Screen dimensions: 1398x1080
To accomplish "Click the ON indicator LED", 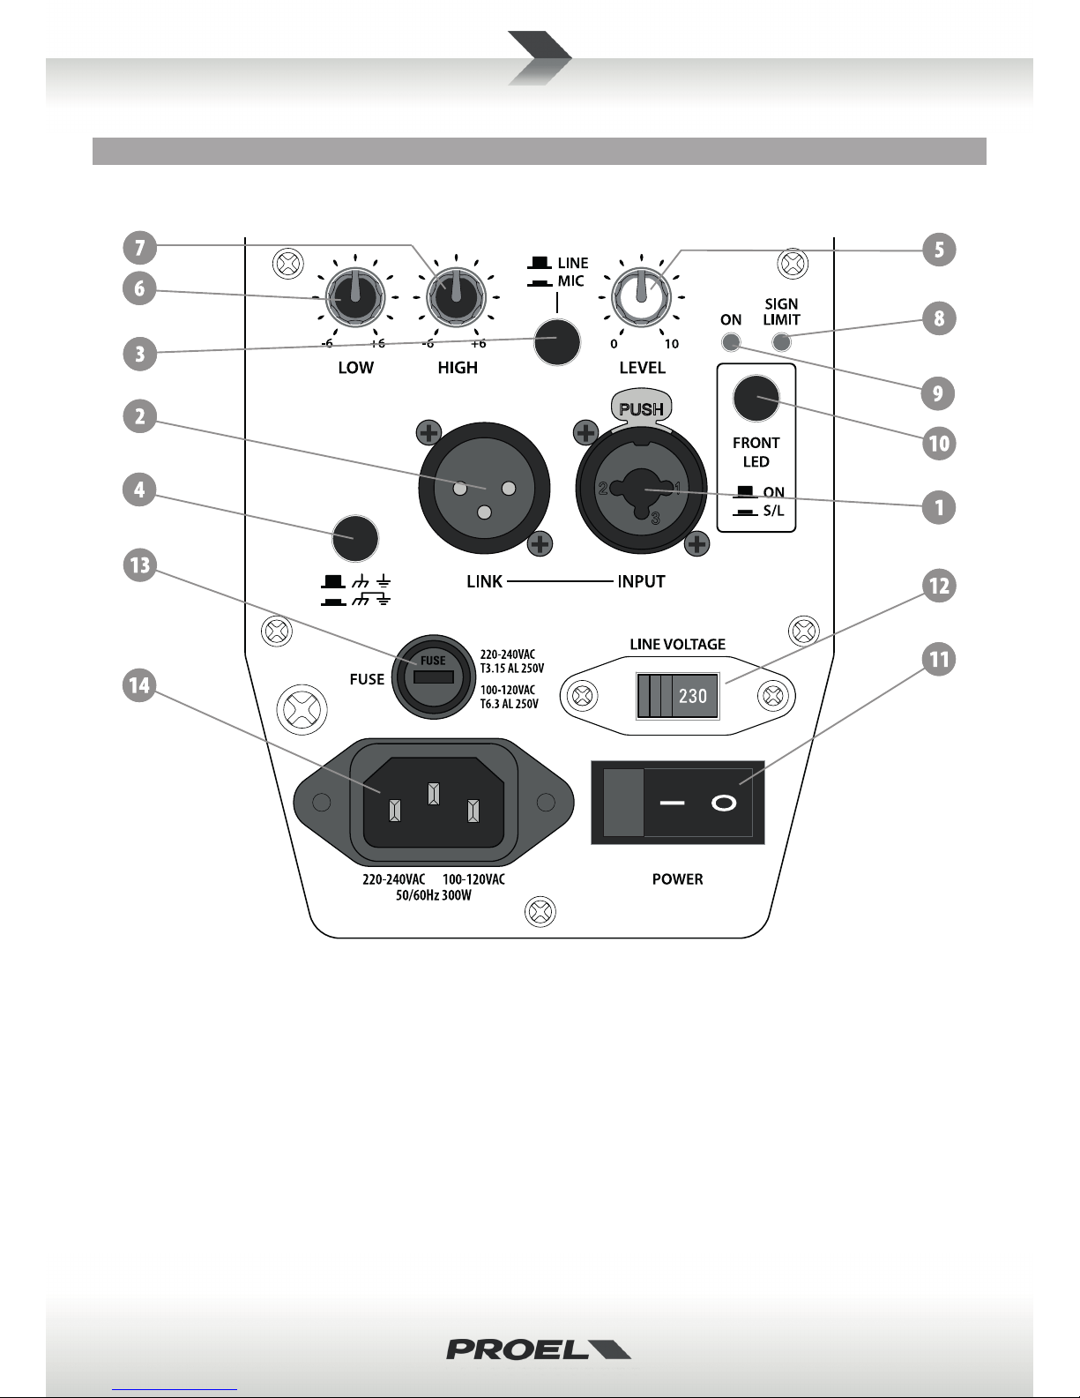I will point(731,342).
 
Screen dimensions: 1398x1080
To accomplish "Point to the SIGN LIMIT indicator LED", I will point(781,342).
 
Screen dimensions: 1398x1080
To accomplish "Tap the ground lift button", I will point(354,538).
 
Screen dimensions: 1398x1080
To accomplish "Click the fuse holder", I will point(434,677).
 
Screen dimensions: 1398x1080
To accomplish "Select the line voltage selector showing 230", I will point(677,695).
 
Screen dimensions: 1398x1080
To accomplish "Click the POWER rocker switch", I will point(677,803).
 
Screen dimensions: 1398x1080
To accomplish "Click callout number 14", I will point(139,686).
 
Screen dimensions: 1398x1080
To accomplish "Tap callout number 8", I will point(939,318).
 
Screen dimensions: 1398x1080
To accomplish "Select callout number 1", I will point(939,507).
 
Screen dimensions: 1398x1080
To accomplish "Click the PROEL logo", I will point(539,1349).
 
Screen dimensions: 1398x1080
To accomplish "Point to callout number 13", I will point(139,564).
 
